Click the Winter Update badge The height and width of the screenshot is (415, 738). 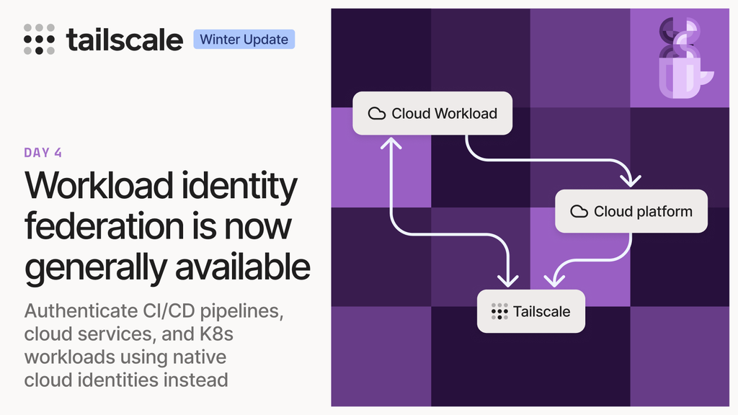click(244, 39)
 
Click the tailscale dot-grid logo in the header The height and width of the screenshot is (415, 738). click(39, 39)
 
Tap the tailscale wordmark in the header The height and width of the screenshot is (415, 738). click(124, 40)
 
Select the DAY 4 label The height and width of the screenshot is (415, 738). click(43, 153)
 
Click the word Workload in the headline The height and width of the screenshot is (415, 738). click(99, 185)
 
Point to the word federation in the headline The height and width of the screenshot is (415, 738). click(105, 226)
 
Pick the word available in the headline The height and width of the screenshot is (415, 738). click(242, 267)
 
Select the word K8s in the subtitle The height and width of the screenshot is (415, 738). click(216, 334)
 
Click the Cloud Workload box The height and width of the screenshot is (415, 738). click(432, 113)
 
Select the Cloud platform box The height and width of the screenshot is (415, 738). click(631, 211)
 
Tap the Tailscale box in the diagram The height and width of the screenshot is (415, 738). click(531, 311)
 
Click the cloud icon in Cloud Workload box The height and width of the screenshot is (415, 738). click(376, 113)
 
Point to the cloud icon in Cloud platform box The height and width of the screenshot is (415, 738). click(579, 211)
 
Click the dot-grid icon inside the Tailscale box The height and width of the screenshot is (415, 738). click(499, 311)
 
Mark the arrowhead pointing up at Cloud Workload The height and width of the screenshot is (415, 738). click(391, 143)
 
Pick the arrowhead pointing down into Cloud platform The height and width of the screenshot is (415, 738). click(630, 180)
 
